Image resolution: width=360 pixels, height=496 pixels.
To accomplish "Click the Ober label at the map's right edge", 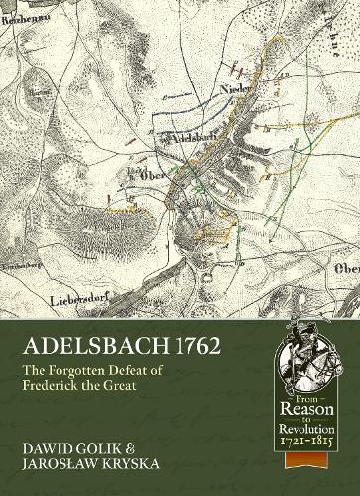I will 346,238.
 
